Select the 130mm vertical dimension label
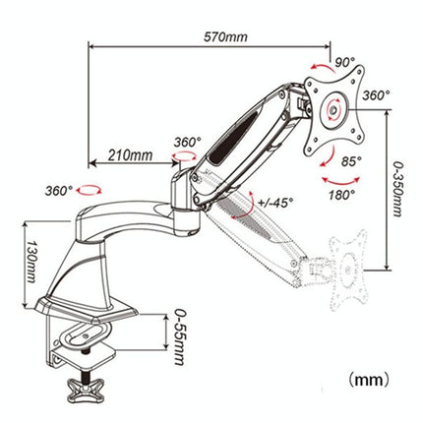click(x=30, y=258)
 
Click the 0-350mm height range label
click(x=395, y=191)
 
